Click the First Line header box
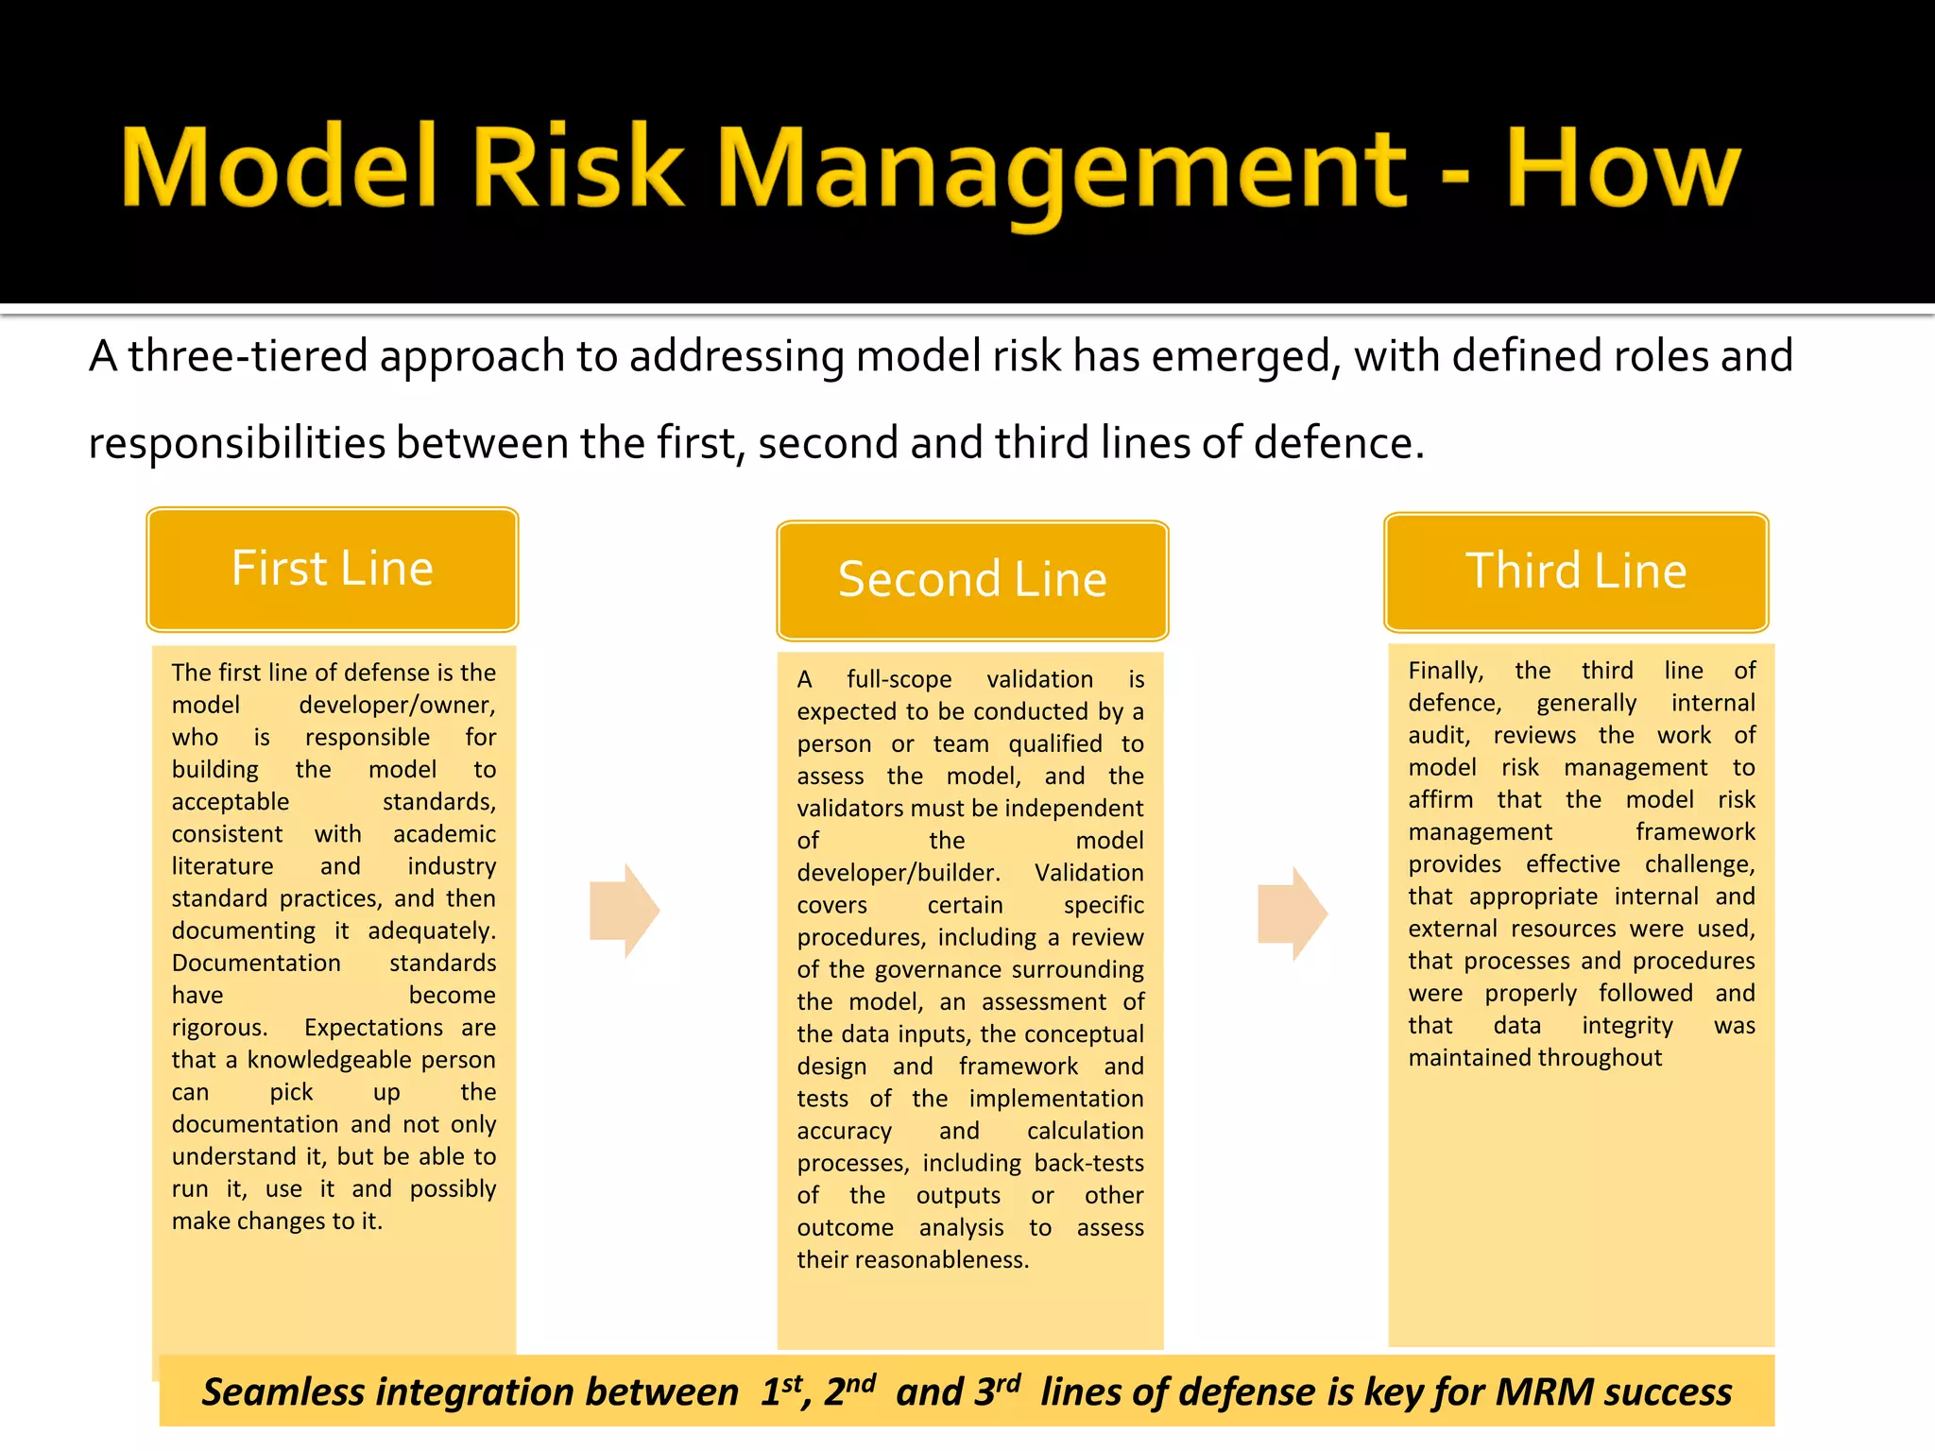click(333, 570)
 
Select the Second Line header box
click(972, 580)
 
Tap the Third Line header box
click(1576, 572)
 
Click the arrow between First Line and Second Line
click(624, 911)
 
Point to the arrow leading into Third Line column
click(1292, 913)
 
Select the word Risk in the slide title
click(576, 168)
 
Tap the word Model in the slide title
click(279, 168)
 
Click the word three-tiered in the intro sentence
click(248, 357)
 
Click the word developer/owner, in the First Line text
click(397, 705)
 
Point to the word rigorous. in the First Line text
click(219, 1028)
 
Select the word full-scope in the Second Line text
click(899, 679)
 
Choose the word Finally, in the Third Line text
click(1445, 671)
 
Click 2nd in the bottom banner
click(848, 1391)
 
